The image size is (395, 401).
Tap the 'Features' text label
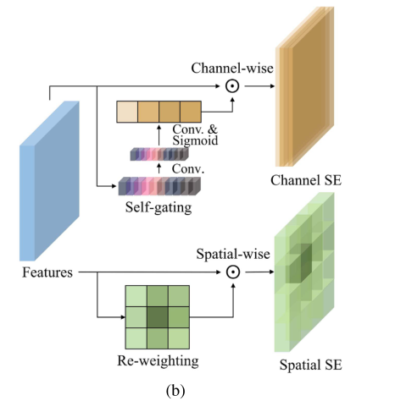click(x=47, y=272)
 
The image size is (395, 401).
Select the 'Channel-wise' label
click(x=231, y=67)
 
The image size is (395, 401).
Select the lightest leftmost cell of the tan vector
click(x=126, y=113)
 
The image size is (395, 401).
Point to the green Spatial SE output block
click(x=308, y=279)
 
